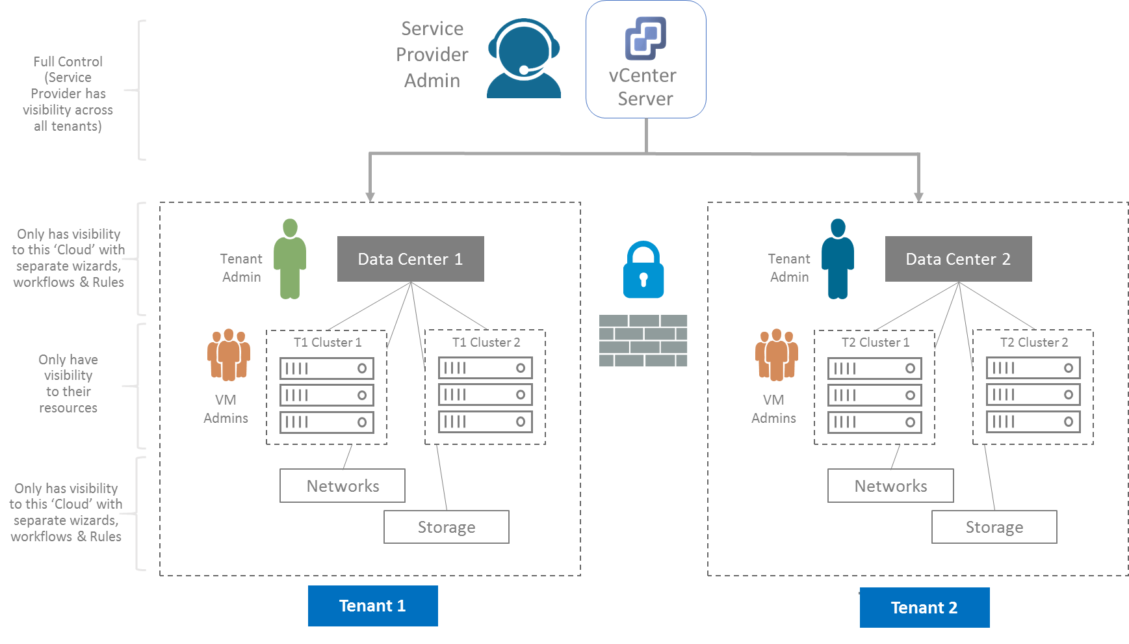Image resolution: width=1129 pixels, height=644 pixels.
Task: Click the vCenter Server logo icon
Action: (645, 38)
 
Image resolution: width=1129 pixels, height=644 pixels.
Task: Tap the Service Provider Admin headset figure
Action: (524, 59)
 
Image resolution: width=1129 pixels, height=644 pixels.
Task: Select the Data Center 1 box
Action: (410, 259)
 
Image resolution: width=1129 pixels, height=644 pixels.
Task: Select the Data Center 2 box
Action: (958, 259)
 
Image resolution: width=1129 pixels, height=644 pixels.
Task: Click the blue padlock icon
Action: (643, 271)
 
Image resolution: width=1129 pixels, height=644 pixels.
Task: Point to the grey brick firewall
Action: (643, 341)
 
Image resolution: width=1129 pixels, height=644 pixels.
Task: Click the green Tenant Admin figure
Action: (290, 259)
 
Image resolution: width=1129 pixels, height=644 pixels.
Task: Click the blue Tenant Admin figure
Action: (838, 259)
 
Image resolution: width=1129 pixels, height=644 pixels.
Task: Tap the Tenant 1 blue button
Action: (372, 606)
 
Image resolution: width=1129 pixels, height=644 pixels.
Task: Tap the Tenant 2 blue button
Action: (924, 608)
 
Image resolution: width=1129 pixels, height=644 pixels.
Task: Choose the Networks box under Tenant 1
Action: (343, 486)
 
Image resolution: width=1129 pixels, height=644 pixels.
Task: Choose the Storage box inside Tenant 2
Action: (994, 527)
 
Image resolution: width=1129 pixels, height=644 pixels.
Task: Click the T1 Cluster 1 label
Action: (327, 342)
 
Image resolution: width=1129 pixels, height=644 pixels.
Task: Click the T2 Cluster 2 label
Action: (1033, 342)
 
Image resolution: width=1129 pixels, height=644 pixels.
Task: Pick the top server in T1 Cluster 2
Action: (485, 368)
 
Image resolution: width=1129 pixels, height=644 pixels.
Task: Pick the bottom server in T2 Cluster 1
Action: (874, 422)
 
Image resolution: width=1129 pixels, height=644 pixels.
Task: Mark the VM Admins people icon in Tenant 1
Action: (229, 355)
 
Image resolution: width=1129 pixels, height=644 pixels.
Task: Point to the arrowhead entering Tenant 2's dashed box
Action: (918, 197)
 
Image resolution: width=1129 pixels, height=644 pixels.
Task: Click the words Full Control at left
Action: (68, 62)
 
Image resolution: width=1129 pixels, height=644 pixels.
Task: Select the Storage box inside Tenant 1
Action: (446, 527)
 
